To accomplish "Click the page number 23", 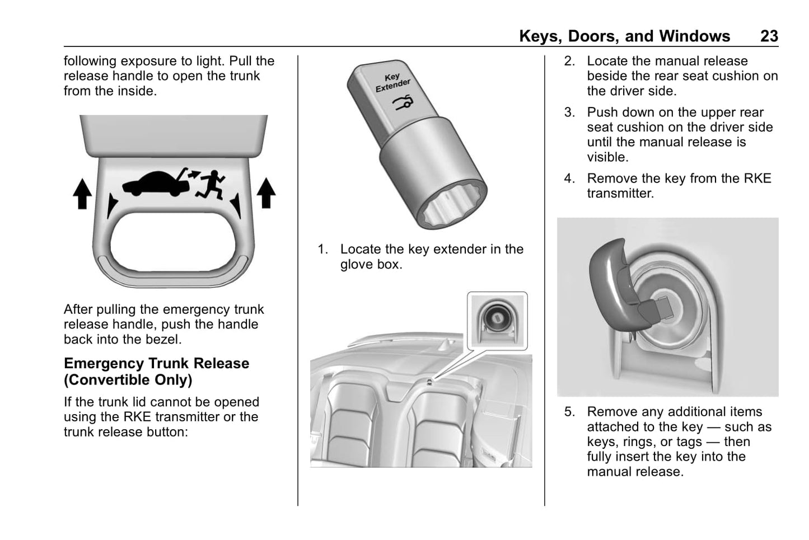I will point(769,36).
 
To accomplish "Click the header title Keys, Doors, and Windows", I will point(624,36).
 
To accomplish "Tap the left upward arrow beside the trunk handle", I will point(83,194).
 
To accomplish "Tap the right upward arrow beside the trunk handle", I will point(266,192).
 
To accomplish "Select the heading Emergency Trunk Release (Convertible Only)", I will point(156,371).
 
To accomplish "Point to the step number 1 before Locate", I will point(322,250).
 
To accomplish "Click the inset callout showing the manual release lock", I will point(497,321).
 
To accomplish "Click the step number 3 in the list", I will point(569,112).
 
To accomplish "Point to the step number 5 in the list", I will point(569,412).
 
